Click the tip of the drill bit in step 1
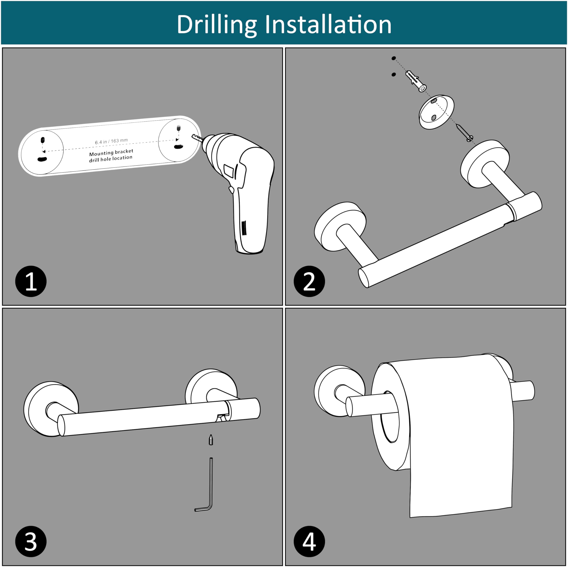(192, 136)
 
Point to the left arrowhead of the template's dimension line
(43, 152)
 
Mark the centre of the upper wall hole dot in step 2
(394, 58)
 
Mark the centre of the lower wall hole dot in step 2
(394, 74)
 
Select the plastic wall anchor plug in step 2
(416, 81)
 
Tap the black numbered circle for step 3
(31, 542)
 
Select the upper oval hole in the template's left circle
(43, 140)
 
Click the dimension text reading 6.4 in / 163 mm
(111, 141)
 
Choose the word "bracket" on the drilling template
(124, 151)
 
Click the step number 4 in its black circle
(309, 542)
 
